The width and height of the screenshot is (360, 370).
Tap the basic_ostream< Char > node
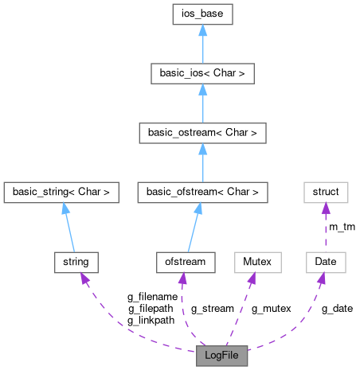pos(202,132)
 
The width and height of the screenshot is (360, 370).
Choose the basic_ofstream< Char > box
pos(202,192)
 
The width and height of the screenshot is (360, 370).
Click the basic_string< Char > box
pos(61,192)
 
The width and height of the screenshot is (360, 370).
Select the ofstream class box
pos(184,261)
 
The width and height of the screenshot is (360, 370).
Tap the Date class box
pos(326,261)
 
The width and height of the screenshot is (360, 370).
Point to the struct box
pos(326,192)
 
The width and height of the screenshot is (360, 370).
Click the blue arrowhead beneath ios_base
pos(202,30)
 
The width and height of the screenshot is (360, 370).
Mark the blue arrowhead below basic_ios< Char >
pos(202,89)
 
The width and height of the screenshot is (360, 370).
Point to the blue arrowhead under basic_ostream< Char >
pos(202,149)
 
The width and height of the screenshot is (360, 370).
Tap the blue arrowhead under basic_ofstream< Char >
pos(198,208)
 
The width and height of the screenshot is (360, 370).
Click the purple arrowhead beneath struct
pos(326,208)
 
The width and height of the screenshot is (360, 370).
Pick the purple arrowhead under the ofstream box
pos(183,278)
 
